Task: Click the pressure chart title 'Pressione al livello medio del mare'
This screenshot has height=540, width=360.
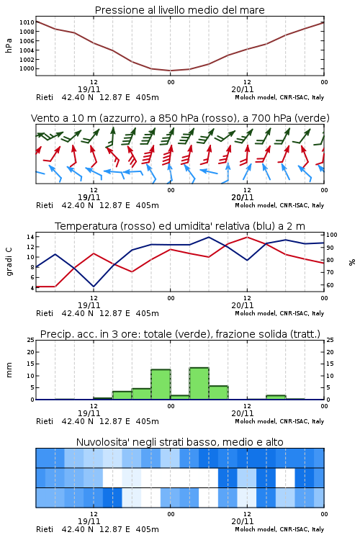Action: [x=179, y=10]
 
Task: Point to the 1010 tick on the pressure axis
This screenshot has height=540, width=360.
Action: [x=27, y=22]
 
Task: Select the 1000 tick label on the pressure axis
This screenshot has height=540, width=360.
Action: [x=27, y=68]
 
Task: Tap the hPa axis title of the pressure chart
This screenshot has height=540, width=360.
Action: [x=9, y=45]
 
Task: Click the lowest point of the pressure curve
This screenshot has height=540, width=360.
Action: [x=171, y=71]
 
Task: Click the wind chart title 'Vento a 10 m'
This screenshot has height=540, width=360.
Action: [x=180, y=118]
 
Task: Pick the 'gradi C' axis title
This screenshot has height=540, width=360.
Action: [x=9, y=262]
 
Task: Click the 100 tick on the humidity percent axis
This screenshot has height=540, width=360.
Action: [x=332, y=235]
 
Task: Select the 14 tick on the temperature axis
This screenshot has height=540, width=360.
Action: [x=30, y=237]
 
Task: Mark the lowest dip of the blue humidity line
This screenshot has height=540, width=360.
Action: [x=94, y=287]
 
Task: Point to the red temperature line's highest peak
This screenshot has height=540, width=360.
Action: [x=247, y=237]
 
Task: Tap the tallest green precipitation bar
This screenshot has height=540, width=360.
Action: [x=199, y=384]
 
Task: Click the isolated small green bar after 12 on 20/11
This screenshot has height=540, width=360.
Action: [x=276, y=397]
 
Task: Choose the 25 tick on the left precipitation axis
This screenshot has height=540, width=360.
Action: [x=31, y=341]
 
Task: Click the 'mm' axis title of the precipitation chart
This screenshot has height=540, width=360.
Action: [x=9, y=370]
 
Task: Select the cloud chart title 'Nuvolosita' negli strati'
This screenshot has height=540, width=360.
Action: [x=179, y=442]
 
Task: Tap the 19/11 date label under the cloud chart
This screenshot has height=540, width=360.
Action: [x=89, y=521]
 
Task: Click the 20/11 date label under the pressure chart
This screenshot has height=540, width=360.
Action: [x=243, y=89]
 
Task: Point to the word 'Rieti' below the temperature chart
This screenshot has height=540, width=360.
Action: [x=45, y=313]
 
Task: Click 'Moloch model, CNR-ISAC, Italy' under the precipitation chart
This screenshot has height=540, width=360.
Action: [x=279, y=421]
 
